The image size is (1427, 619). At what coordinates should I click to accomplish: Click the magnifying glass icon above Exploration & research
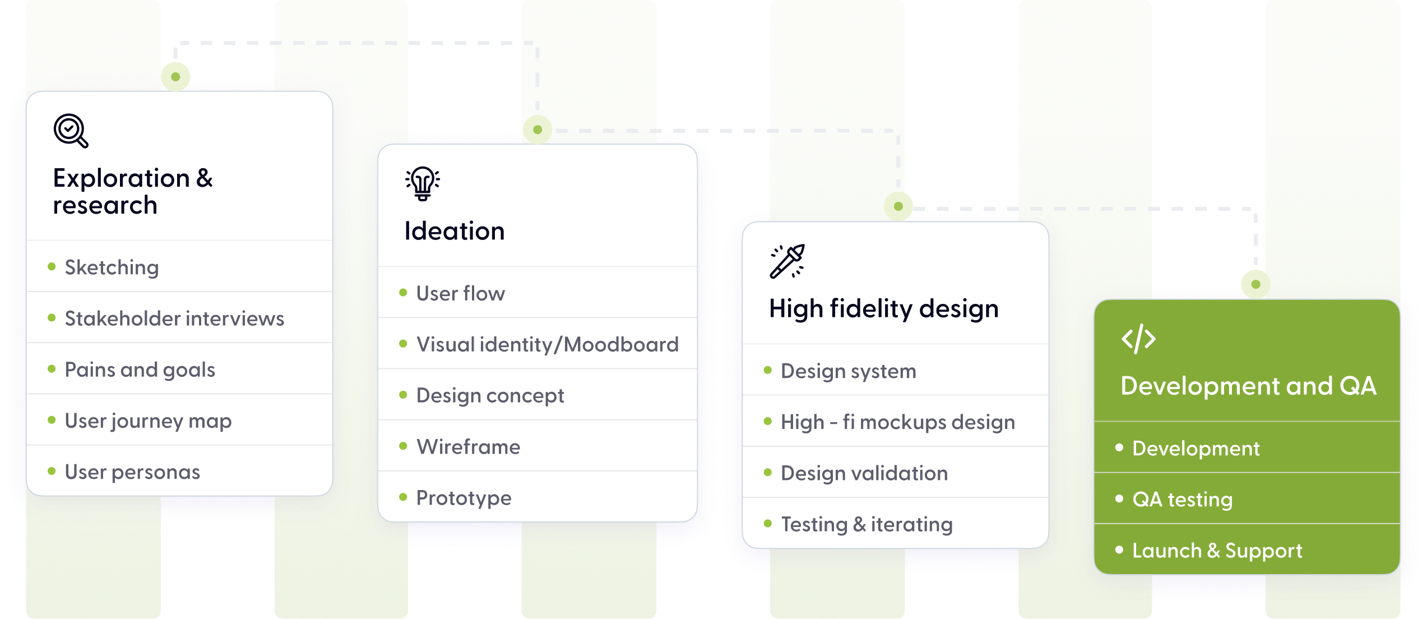tap(71, 131)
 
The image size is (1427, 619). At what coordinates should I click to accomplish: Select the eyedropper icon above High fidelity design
tap(787, 261)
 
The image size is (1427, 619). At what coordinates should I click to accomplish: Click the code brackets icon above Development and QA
tap(1138, 339)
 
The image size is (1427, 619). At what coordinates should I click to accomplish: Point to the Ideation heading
tap(455, 231)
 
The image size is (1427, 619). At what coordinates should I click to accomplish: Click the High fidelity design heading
tap(884, 309)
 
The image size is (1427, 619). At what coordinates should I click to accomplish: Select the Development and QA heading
tap(1248, 386)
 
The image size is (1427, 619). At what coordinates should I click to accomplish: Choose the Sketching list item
tap(112, 267)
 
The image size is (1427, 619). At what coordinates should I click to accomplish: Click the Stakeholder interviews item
tap(174, 318)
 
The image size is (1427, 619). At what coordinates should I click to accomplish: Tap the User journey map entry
tap(148, 421)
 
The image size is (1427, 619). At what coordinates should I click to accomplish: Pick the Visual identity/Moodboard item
tap(547, 344)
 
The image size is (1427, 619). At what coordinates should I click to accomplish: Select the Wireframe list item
tap(468, 447)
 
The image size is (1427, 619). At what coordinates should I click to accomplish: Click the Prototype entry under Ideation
tap(464, 498)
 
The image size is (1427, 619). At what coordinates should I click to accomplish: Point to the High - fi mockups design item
tap(897, 422)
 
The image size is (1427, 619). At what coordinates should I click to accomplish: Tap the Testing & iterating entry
tap(867, 524)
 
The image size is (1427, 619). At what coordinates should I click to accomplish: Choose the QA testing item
tap(1182, 499)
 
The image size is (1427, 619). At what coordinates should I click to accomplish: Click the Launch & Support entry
tap(1217, 551)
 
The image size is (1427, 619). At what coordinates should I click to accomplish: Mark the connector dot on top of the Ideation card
tap(538, 130)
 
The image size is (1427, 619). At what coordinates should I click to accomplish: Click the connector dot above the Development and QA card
tap(1255, 284)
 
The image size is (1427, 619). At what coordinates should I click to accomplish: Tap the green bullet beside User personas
tap(52, 472)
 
